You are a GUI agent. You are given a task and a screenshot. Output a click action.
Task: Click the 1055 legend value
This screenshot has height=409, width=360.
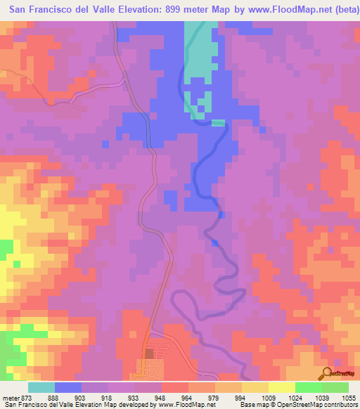[x=349, y=398]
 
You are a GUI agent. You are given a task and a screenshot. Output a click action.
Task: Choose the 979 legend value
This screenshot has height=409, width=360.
[x=221, y=398]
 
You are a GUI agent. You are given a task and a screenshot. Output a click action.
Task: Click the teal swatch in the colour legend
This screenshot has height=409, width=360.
[x=41, y=387]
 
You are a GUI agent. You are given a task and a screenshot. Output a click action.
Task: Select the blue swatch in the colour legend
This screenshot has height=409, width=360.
[x=68, y=387]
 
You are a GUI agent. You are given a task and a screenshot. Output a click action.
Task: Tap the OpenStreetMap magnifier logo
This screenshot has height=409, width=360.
[x=327, y=372]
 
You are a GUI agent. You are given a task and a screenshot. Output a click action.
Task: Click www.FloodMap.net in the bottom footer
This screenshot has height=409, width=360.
[x=187, y=405]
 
